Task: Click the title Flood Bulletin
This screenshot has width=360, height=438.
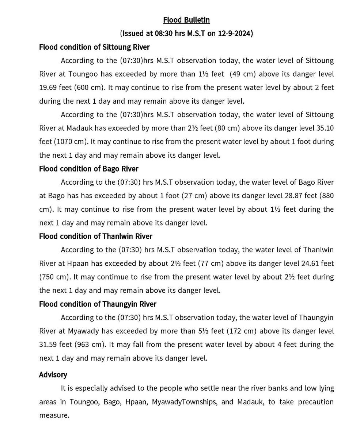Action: (x=186, y=20)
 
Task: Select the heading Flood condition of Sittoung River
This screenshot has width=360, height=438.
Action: (x=94, y=47)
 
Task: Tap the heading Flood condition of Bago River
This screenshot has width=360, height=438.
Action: (x=89, y=169)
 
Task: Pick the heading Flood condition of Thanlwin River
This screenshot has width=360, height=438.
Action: (x=96, y=236)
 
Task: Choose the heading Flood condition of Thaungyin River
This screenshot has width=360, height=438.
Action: (x=98, y=304)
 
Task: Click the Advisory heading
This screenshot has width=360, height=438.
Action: (x=53, y=374)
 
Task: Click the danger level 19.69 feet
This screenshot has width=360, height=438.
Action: (x=56, y=88)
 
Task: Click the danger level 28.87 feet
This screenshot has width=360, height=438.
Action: (x=301, y=196)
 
